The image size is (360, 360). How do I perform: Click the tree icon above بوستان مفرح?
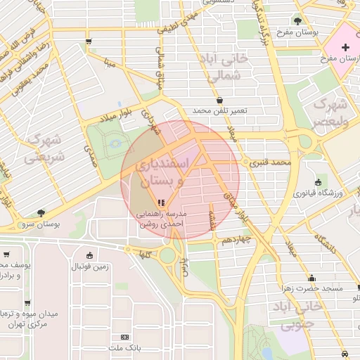coord(297,20)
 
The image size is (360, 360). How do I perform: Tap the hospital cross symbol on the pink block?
coord(345,48)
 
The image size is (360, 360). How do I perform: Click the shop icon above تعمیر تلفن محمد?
coord(221,100)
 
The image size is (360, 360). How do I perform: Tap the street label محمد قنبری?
coord(268,162)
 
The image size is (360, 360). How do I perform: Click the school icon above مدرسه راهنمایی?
coord(162,202)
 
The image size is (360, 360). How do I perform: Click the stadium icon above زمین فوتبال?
coord(89,255)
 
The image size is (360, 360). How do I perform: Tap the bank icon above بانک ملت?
coord(125,337)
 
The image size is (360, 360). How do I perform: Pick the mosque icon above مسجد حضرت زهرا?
coord(311,278)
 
